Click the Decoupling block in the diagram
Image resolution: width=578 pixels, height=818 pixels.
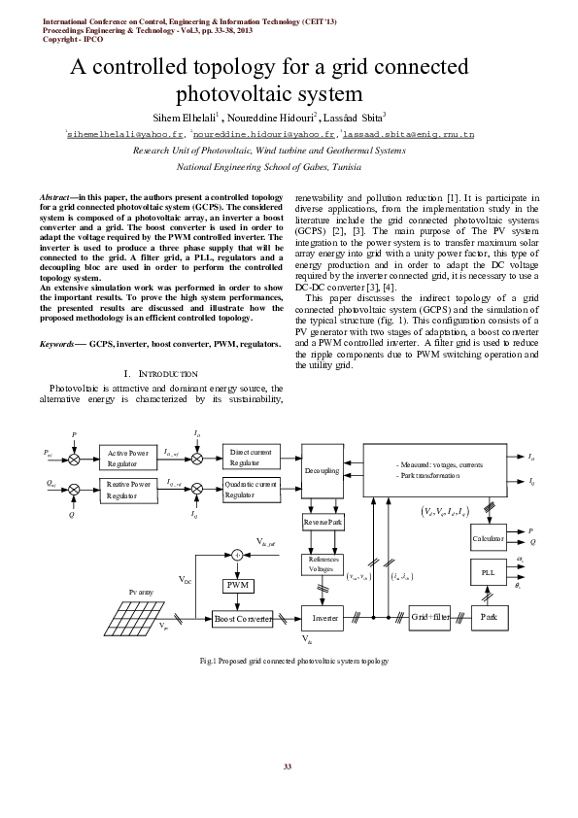(322, 470)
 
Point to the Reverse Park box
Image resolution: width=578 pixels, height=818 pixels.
(323, 523)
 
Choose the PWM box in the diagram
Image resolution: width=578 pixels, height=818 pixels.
(238, 586)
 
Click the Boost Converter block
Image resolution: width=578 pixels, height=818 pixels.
(244, 618)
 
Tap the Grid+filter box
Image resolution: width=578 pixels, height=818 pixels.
(427, 617)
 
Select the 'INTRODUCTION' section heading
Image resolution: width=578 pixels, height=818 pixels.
(162, 374)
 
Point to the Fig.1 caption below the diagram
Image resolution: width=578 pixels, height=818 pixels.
(289, 661)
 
